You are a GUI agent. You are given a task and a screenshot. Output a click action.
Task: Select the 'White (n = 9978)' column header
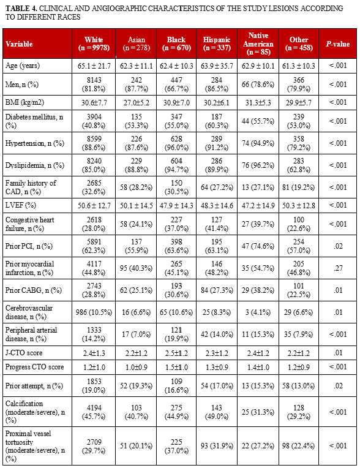tap(94, 43)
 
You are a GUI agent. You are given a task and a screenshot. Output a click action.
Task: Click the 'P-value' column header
tap(337, 43)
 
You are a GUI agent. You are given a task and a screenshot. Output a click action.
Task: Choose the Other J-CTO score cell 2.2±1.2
tap(298, 353)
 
